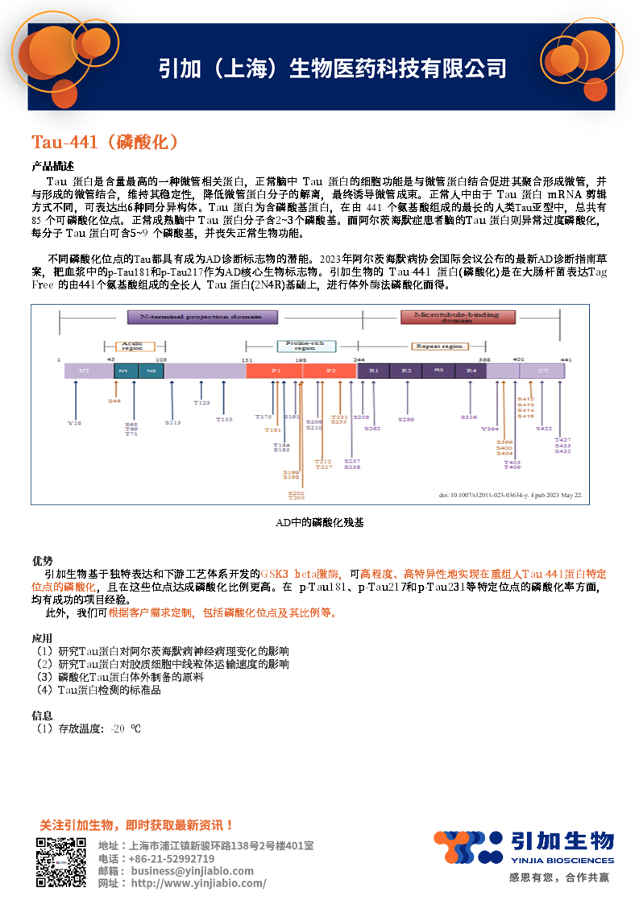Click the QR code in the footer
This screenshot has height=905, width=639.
tap(60, 862)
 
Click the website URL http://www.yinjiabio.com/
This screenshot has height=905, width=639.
tap(198, 883)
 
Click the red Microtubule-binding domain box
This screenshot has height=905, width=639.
tap(455, 317)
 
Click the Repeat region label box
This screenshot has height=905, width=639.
tap(438, 346)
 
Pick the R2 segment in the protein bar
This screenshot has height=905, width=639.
tap(406, 371)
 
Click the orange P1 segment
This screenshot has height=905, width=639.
tap(276, 371)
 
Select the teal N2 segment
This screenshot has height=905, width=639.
tap(151, 371)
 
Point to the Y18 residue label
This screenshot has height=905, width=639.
tap(74, 422)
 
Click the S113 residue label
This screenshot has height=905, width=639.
tap(173, 422)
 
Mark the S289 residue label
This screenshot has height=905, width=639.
tap(406, 420)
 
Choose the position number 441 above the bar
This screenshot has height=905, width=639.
tap(566, 359)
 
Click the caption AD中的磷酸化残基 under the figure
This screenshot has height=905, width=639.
tap(319, 522)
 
